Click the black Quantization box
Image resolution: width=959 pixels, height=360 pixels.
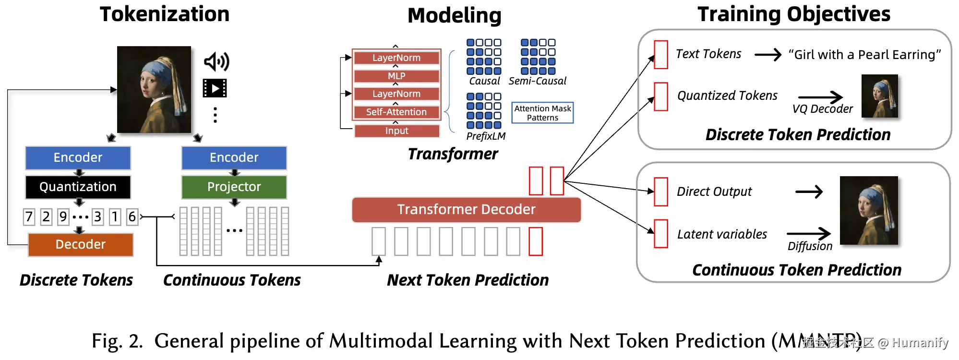(x=78, y=187)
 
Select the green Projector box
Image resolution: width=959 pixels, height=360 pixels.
(x=234, y=187)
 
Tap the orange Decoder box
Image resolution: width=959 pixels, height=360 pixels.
(x=80, y=244)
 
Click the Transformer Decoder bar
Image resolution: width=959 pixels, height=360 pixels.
(x=466, y=210)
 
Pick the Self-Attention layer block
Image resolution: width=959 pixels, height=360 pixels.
(x=396, y=112)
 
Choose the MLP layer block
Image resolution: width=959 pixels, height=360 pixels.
(x=396, y=76)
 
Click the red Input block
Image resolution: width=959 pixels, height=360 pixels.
(x=396, y=131)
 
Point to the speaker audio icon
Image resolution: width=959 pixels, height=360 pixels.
(x=216, y=61)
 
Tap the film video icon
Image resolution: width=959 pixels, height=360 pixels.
(x=215, y=88)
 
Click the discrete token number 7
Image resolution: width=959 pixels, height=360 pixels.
(x=29, y=217)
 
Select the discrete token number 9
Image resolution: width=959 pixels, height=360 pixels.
(x=63, y=217)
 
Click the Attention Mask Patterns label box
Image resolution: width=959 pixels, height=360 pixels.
(x=542, y=113)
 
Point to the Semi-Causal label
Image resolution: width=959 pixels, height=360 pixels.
(x=537, y=81)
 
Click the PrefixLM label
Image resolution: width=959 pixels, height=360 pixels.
(x=486, y=136)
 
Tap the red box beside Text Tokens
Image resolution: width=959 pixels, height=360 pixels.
(x=661, y=55)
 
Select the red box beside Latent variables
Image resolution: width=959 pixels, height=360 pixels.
(x=661, y=234)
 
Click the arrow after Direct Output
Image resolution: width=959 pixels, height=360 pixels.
(x=809, y=192)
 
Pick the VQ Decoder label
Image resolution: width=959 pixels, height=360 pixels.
(x=822, y=109)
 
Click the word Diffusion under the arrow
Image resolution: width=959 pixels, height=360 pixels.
(x=810, y=246)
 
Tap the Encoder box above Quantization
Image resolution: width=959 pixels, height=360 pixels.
(x=78, y=158)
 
